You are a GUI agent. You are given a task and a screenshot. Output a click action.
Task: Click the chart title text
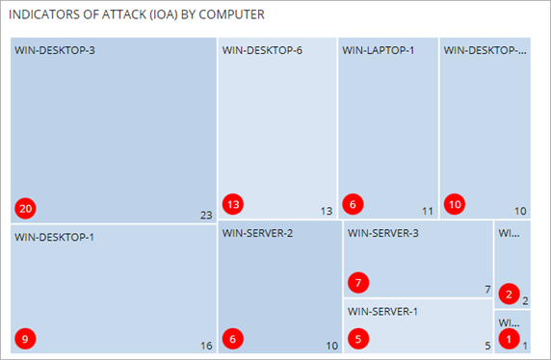pos(137,16)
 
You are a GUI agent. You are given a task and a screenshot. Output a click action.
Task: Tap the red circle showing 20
pos(25,208)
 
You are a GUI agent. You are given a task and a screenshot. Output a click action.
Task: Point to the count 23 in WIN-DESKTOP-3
pos(205,215)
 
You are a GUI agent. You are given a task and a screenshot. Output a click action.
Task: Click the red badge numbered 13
pos(232,204)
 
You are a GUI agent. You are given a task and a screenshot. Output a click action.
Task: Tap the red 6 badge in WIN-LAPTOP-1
pos(354,204)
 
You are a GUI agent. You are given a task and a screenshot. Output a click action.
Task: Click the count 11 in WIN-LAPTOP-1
pos(428,211)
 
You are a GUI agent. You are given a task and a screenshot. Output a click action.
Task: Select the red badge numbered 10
pos(455,204)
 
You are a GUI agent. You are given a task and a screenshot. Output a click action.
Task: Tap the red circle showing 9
pos(26,338)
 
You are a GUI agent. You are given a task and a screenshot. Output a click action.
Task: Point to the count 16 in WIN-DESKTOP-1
pos(205,346)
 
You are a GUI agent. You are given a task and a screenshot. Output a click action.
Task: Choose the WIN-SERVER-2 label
pos(257,232)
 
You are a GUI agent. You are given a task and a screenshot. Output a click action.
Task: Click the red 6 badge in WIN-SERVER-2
pos(232,338)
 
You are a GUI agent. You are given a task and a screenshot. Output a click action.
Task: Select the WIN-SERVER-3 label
pos(383,232)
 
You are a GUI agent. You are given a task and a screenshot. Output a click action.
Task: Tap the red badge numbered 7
pos(358,283)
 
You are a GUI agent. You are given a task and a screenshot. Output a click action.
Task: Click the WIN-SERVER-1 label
pos(383,312)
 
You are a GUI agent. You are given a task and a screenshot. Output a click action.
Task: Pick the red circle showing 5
pos(358,338)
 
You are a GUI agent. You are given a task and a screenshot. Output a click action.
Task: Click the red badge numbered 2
pos(511,294)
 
